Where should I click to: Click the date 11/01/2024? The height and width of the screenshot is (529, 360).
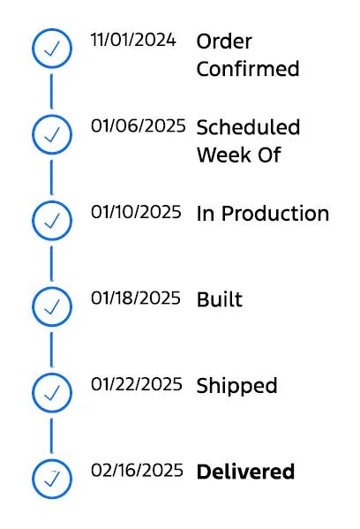point(133,40)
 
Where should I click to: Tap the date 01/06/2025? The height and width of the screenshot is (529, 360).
point(139,125)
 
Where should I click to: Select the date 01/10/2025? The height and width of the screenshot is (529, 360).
point(136,212)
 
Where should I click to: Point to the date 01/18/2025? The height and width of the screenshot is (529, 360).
point(136,299)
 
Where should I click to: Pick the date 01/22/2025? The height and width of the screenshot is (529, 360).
point(137,384)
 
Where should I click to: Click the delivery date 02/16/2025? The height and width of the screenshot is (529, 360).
point(137,471)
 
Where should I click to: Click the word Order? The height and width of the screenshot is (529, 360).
point(224,42)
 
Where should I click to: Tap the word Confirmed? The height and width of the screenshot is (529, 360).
point(248,69)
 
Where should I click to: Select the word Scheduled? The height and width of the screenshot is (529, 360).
point(248,127)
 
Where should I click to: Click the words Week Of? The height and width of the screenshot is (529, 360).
point(238,155)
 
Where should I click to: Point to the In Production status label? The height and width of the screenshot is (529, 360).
point(263,214)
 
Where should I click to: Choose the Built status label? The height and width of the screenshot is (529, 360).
point(220,299)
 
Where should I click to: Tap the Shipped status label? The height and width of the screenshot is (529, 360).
point(237,386)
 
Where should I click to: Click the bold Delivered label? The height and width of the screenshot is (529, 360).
point(245,472)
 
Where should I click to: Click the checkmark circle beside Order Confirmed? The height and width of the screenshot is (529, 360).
point(52,29)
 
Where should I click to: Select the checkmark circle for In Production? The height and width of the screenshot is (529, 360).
point(52,201)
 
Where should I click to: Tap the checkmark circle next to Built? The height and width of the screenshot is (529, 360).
point(52,288)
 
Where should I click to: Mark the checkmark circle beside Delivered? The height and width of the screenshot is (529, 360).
point(52,460)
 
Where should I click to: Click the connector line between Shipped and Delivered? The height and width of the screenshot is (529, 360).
point(51,436)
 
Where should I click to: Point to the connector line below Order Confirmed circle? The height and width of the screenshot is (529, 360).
point(51,92)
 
